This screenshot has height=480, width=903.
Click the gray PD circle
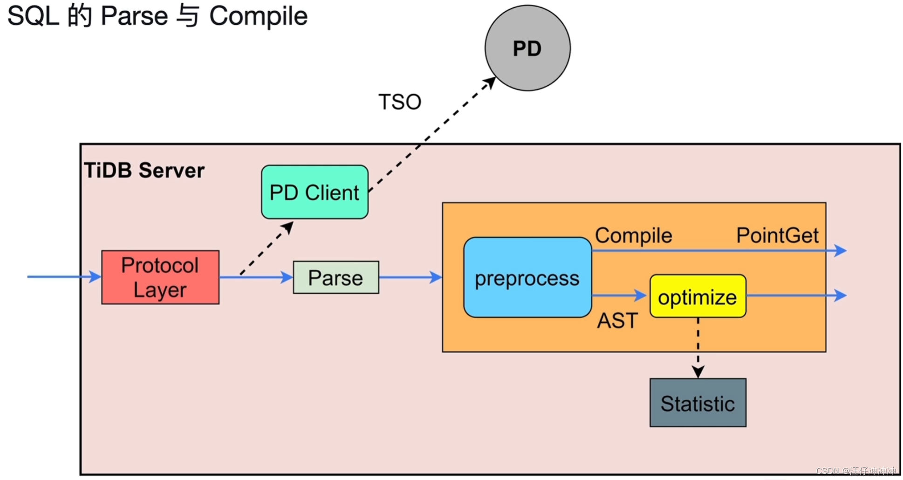pyautogui.click(x=527, y=48)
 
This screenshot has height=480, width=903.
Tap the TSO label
pyautogui.click(x=400, y=102)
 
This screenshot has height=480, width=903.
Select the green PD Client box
pyautogui.click(x=315, y=192)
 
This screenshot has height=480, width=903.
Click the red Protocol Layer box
pyautogui.click(x=160, y=277)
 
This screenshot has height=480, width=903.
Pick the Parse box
pyautogui.click(x=335, y=277)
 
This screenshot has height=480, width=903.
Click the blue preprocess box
pyautogui.click(x=527, y=278)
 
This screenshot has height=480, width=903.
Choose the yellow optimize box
pyautogui.click(x=698, y=296)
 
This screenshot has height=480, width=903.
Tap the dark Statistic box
pyautogui.click(x=698, y=403)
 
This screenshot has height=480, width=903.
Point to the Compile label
pyautogui.click(x=633, y=235)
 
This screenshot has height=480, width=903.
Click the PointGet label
pyautogui.click(x=777, y=235)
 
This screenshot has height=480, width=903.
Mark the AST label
pyautogui.click(x=617, y=321)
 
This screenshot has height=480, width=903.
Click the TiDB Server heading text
pyautogui.click(x=144, y=171)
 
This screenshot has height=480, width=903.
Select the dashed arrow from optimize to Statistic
pyautogui.click(x=698, y=347)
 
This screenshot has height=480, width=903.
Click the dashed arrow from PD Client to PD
pyautogui.click(x=431, y=135)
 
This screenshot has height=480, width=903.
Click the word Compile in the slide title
pyautogui.click(x=258, y=16)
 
